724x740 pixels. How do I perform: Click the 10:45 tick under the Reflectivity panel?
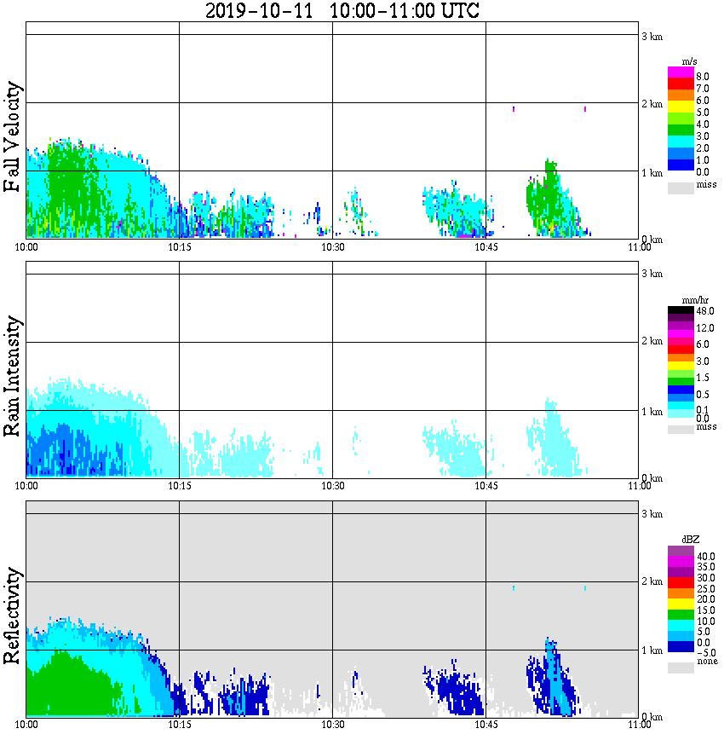click(x=486, y=724)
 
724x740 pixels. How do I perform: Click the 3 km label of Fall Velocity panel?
click(x=652, y=35)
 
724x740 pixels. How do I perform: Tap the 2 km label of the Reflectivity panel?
click(x=652, y=582)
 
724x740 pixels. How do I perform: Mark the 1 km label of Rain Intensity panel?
click(x=652, y=412)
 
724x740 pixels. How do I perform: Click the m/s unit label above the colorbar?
click(x=690, y=61)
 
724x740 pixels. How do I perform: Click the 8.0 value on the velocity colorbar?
click(x=703, y=76)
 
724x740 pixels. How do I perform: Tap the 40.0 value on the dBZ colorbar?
click(x=704, y=555)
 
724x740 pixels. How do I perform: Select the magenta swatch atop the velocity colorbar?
click(x=681, y=72)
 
